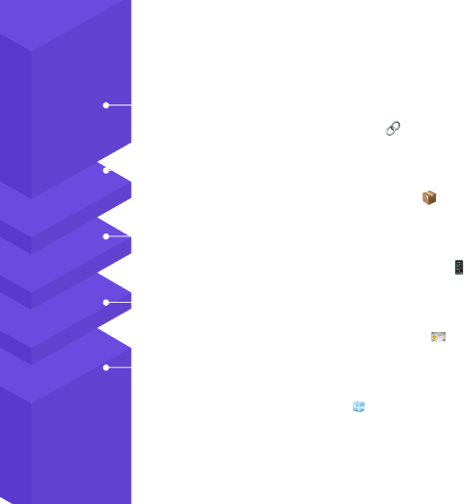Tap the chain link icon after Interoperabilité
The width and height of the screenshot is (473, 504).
[x=393, y=128]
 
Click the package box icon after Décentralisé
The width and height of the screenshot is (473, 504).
[x=429, y=197]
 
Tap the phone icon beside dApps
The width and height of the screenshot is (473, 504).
[x=458, y=267]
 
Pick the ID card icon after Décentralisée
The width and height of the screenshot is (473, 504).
[x=438, y=337]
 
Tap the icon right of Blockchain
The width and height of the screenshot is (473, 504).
[x=358, y=406]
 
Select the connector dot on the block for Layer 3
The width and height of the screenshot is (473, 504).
[x=106, y=236]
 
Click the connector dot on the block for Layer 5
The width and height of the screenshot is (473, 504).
[x=106, y=105]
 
